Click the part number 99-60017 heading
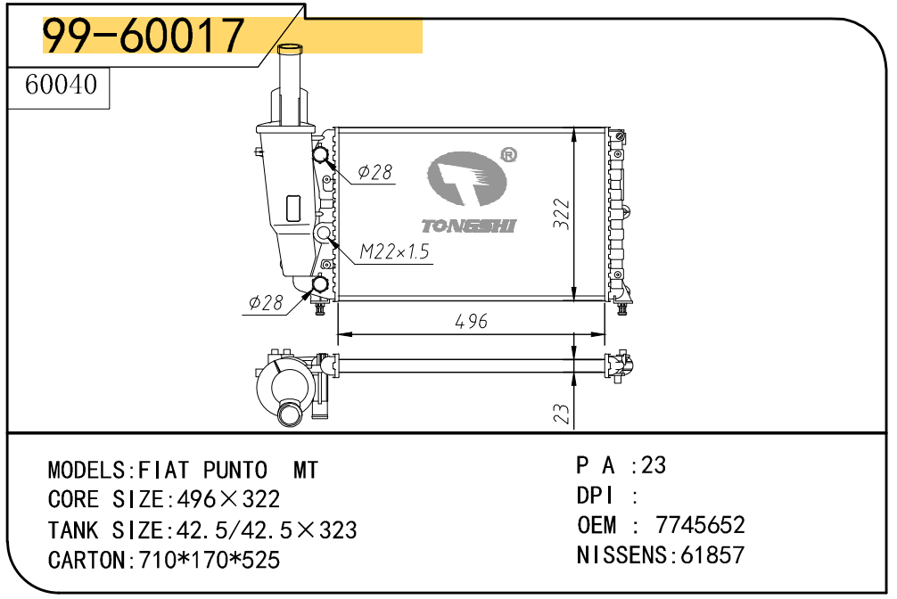coord(144,35)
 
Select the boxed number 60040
coord(62,85)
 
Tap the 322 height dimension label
coord(562,214)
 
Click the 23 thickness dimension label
coord(562,413)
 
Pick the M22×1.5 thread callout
coord(394,251)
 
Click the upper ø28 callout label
coord(375,172)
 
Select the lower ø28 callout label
coord(266,302)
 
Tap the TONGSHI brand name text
coord(468,226)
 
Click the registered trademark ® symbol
coord(508,154)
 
